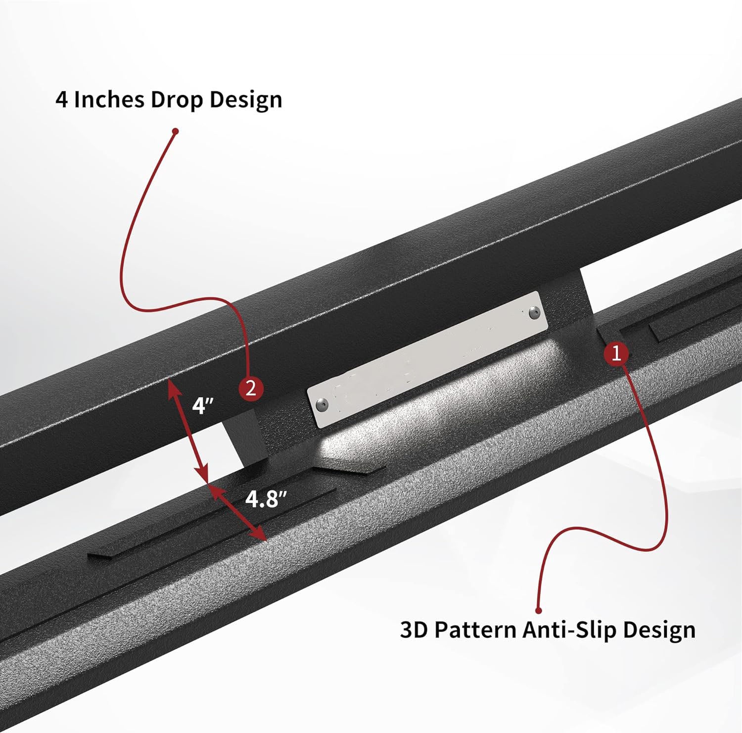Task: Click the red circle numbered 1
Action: (616, 353)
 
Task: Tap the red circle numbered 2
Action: (251, 389)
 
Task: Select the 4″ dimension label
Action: (203, 406)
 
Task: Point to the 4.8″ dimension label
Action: (266, 499)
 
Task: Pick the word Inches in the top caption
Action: (109, 99)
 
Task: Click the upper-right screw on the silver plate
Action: (533, 313)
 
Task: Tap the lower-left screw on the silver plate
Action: (323, 404)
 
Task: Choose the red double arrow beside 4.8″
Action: (237, 512)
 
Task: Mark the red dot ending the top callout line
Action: (175, 131)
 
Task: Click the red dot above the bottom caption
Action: (539, 611)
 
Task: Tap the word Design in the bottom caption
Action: (659, 630)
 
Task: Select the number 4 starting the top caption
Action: (61, 99)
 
